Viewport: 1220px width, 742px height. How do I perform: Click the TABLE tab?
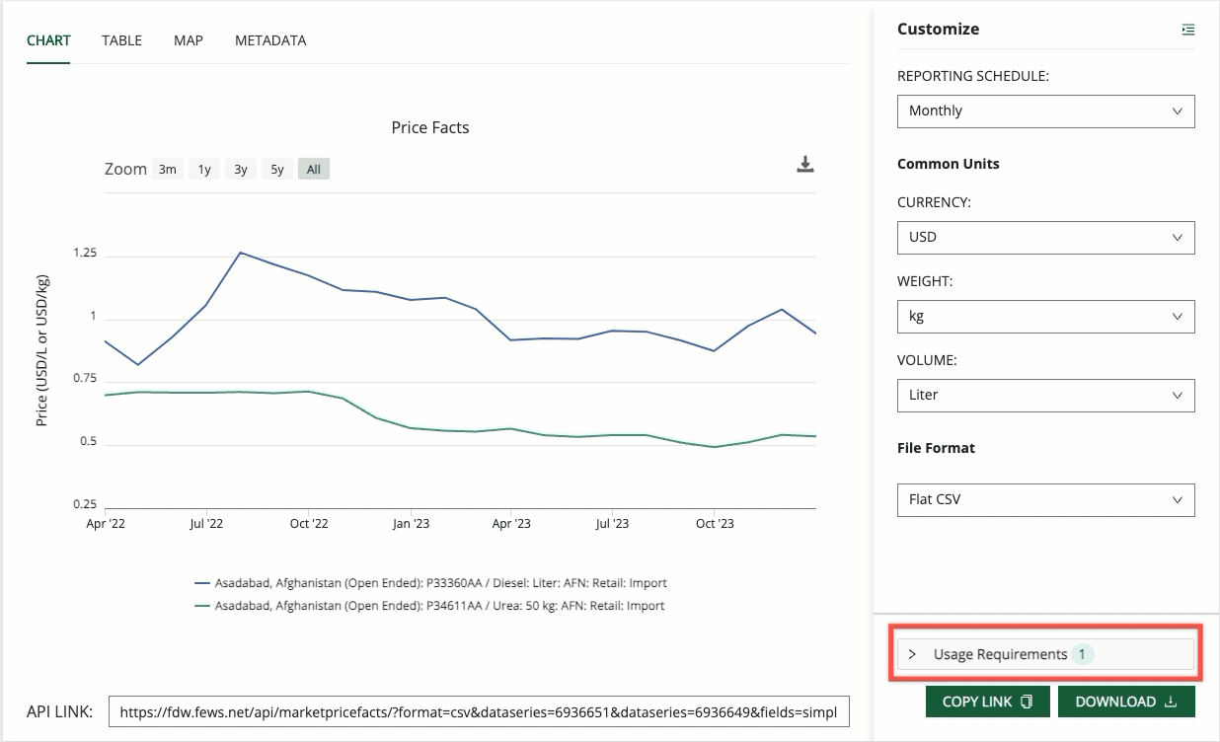coord(121,40)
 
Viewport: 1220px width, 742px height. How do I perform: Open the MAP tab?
coord(188,40)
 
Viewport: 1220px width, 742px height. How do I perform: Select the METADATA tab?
coord(270,40)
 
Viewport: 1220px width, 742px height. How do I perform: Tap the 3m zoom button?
coord(168,170)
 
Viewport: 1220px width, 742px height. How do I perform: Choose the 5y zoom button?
coord(277,170)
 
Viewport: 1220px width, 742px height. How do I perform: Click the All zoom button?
coord(314,170)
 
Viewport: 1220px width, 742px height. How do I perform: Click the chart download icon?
coord(805,165)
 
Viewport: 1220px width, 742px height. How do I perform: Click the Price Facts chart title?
coord(430,127)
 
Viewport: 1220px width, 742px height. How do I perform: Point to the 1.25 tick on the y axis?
coord(85,254)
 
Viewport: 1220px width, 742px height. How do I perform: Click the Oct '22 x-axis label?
coord(309,524)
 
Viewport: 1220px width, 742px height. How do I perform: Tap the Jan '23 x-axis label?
coord(411,524)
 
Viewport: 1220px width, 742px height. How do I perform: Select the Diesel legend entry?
coord(440,583)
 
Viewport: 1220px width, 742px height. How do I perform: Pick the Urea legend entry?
coord(439,606)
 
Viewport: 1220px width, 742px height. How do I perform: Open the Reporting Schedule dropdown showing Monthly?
coord(1045,111)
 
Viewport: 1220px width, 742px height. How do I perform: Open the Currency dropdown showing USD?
coord(1045,238)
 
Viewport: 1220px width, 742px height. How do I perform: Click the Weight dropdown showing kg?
coord(1045,317)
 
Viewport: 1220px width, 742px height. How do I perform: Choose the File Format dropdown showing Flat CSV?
coord(1045,500)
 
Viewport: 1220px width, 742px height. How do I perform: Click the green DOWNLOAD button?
coord(1126,702)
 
